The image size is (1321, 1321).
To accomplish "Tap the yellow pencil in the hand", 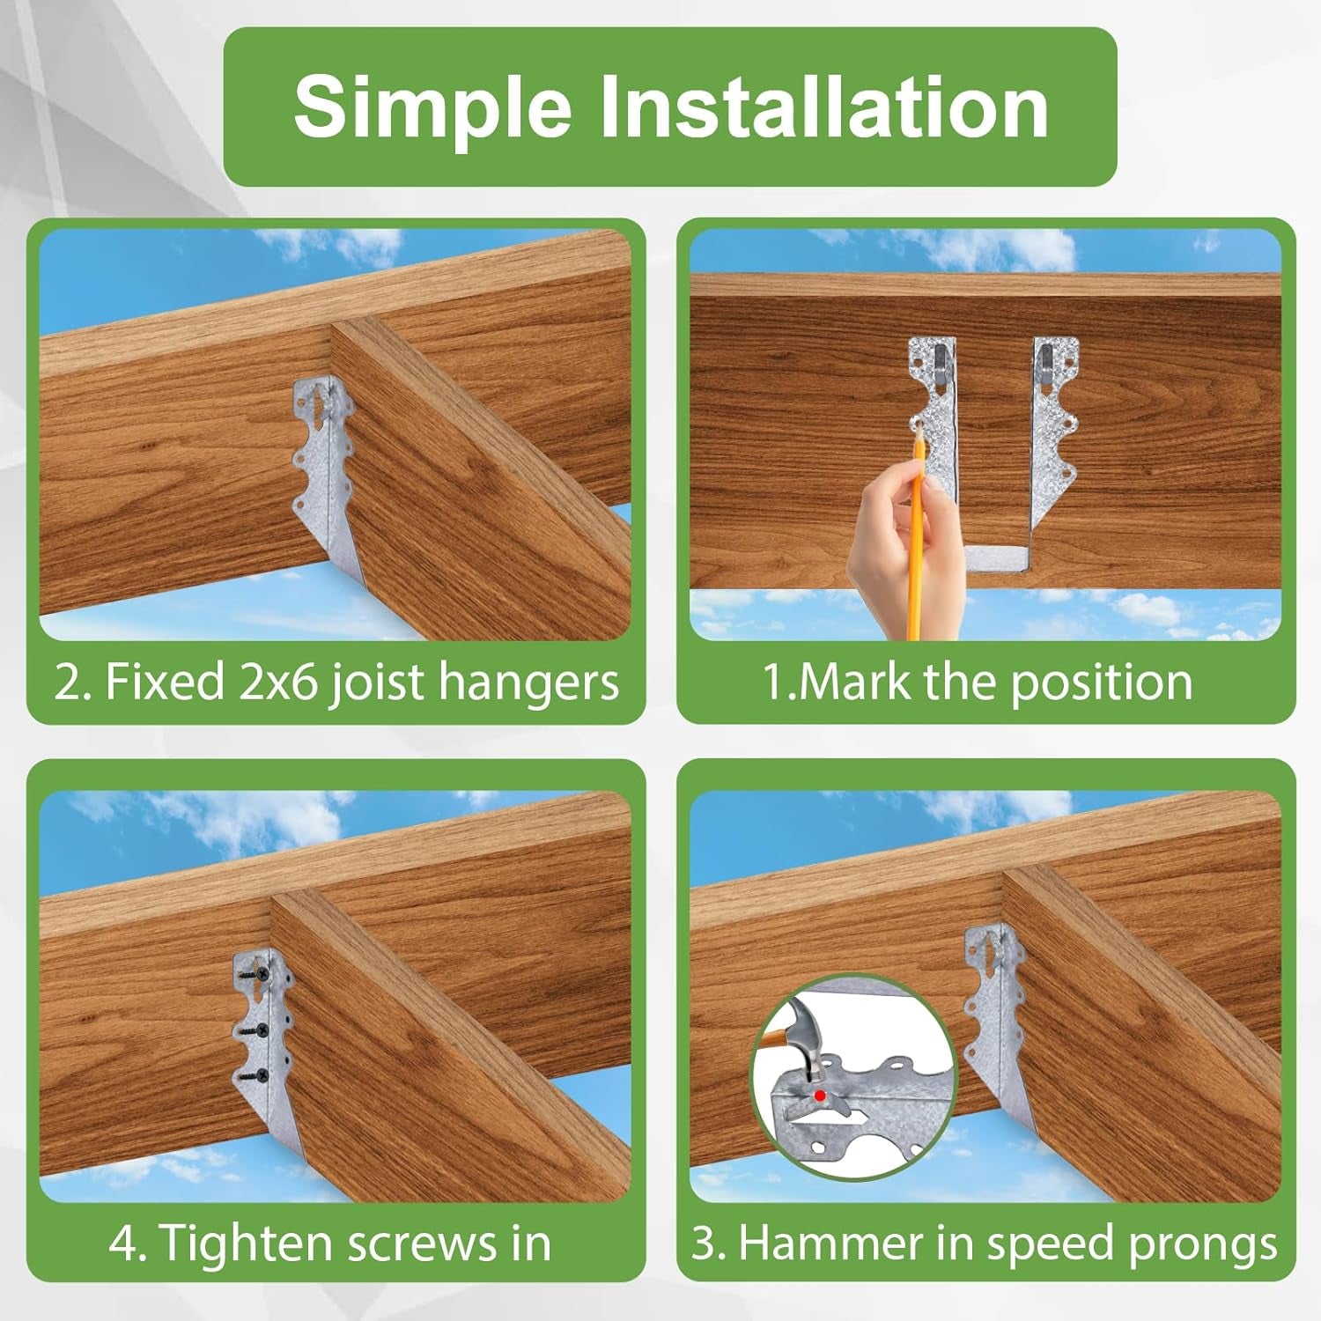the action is [x=916, y=536].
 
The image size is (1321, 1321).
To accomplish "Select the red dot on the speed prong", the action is [x=820, y=1096].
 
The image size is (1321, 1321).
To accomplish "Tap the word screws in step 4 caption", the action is [x=421, y=1245].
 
